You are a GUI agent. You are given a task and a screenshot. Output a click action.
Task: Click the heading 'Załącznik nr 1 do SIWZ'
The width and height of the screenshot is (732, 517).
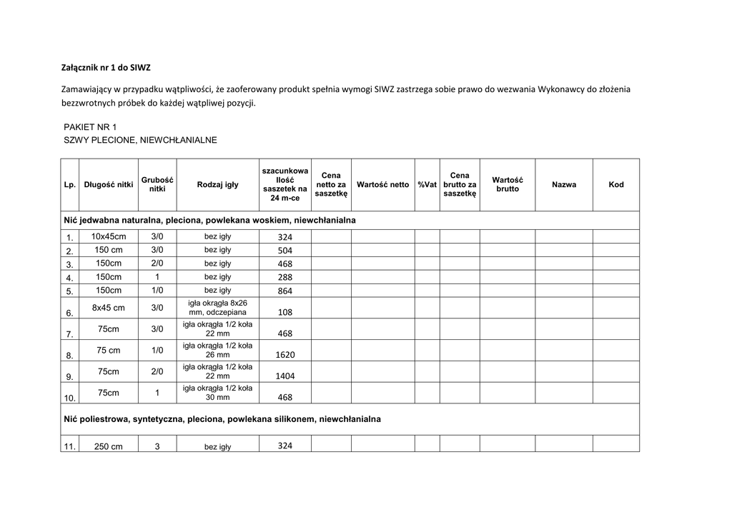click(105, 68)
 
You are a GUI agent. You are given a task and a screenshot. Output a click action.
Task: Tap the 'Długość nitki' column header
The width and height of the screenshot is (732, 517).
click(109, 185)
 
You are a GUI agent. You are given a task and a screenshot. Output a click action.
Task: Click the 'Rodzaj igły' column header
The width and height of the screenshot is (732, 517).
click(217, 185)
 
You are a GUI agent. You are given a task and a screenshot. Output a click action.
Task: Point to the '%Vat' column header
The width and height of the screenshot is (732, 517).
click(427, 185)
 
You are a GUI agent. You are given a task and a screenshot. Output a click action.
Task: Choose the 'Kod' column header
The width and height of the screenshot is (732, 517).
click(615, 185)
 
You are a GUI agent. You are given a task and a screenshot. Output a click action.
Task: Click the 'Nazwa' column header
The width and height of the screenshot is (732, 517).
click(564, 185)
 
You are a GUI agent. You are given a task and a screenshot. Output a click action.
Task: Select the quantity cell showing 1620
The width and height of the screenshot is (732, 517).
click(285, 355)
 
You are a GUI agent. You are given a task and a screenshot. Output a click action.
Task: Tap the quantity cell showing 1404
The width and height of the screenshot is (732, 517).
click(285, 376)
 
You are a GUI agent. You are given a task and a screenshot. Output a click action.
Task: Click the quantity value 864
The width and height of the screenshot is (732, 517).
click(285, 291)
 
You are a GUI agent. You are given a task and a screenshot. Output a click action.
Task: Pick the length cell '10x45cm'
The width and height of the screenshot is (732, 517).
click(109, 236)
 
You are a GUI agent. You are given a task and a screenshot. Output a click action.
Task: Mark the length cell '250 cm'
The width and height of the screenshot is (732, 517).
click(109, 446)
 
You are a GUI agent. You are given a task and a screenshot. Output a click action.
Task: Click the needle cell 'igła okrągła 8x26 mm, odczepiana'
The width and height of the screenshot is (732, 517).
click(217, 308)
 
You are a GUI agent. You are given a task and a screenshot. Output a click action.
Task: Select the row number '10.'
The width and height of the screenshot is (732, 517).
click(69, 398)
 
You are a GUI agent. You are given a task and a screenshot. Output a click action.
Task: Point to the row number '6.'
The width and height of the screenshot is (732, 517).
click(69, 313)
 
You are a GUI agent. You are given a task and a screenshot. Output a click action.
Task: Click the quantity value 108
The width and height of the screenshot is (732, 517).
click(285, 313)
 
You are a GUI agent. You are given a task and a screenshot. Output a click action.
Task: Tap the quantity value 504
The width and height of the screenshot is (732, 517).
click(285, 251)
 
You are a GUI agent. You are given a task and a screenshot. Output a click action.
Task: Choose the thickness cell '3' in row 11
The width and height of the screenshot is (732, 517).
click(157, 446)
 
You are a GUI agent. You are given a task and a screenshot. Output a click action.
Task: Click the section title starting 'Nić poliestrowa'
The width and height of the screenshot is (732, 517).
click(222, 419)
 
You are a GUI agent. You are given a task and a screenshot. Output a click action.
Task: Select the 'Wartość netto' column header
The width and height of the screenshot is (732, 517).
click(382, 185)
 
